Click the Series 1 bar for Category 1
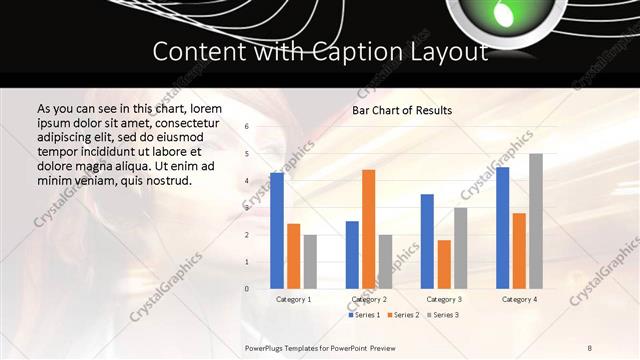[x=277, y=230]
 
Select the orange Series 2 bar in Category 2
[x=368, y=229]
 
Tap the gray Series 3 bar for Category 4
[x=536, y=221]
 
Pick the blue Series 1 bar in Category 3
[x=427, y=241]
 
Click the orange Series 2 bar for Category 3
[x=444, y=264]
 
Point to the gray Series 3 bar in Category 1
[x=310, y=261]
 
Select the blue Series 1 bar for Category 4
[x=502, y=227]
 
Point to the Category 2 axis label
[x=369, y=299]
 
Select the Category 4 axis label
[x=519, y=299]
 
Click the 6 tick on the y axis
[x=247, y=127]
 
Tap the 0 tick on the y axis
[x=247, y=288]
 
